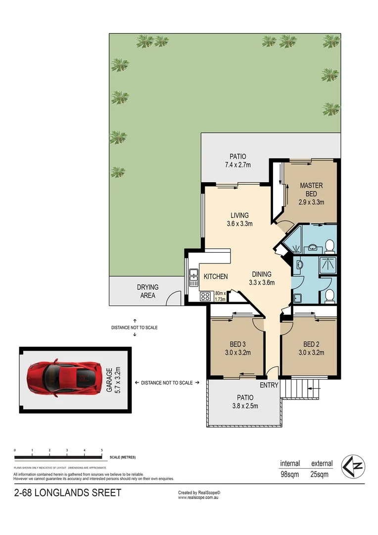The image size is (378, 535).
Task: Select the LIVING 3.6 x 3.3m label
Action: (239, 219)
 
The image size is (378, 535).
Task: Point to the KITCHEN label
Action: (216, 276)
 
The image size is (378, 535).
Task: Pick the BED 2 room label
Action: (311, 348)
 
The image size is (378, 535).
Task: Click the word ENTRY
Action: (269, 385)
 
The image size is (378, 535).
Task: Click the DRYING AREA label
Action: (147, 291)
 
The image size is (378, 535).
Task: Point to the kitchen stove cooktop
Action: (204, 297)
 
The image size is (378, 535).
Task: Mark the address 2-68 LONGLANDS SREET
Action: (67, 493)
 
